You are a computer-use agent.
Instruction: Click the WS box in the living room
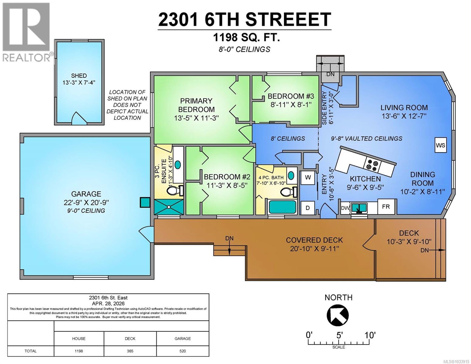pos(440,145)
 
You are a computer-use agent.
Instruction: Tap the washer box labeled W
pos(308,178)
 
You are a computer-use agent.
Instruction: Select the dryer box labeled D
pos(308,208)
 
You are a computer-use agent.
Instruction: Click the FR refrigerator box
pos(386,207)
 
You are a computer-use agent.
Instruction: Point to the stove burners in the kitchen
pos(372,165)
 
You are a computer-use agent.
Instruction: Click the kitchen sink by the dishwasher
pos(359,208)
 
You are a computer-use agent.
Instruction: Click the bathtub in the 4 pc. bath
pos(282,207)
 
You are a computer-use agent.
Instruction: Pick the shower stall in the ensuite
pos(169,207)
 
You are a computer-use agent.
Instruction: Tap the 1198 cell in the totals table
pos(79,351)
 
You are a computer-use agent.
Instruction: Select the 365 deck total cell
pos(130,351)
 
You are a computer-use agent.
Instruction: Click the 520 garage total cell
pos(183,351)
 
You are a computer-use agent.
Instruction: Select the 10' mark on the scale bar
pos(370,335)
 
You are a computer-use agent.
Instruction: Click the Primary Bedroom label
pos(196,105)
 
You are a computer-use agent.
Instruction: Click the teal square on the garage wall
pos(145,202)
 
